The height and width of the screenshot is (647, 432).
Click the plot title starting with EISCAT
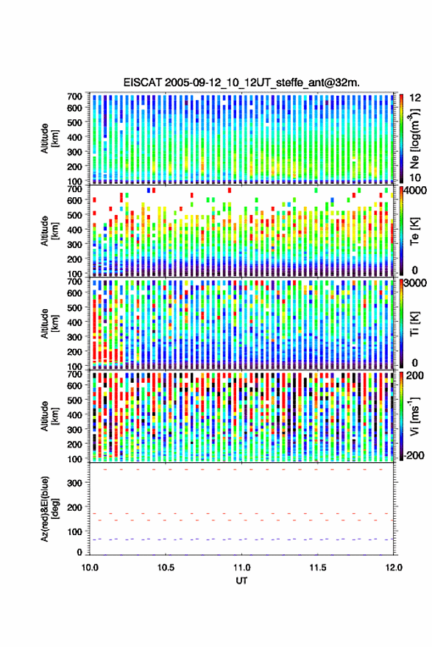pos(241,82)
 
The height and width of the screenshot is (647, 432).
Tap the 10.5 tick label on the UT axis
pos(166,568)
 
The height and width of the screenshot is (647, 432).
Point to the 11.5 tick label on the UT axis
pos(318,568)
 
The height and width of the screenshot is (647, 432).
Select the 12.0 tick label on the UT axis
pos(394,568)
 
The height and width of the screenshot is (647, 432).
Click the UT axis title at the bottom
pos(241,581)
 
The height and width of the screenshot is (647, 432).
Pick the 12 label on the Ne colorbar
pos(415,98)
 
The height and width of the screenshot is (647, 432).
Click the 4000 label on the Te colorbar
pos(415,191)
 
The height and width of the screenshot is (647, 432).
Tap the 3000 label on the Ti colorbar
pos(415,283)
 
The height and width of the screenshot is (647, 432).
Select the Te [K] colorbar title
pos(414,231)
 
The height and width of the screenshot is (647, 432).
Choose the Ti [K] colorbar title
pos(414,324)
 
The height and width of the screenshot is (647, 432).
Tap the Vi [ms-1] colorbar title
pos(414,416)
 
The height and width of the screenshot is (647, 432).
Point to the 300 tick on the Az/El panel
pos(74,483)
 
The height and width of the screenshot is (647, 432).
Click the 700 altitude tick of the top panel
pos(74,96)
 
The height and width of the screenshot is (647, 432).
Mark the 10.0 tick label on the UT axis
pos(90,568)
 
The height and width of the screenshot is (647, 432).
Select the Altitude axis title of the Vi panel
pos(49,416)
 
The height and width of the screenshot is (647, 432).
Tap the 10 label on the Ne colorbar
pos(415,178)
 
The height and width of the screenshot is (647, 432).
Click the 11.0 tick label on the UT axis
pos(241,568)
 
